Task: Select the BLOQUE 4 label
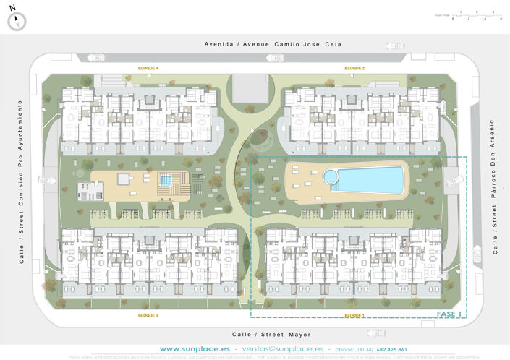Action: [148, 68]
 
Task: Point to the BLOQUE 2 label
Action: [354, 68]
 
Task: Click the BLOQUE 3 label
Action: [148, 316]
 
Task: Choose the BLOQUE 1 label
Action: [354, 316]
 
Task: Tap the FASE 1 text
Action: [450, 314]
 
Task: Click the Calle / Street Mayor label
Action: [271, 335]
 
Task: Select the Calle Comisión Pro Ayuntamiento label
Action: [22, 181]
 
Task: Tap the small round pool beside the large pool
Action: [331, 176]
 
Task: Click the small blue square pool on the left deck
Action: [166, 180]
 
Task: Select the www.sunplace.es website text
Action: [190, 349]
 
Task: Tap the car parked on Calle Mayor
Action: [375, 334]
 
